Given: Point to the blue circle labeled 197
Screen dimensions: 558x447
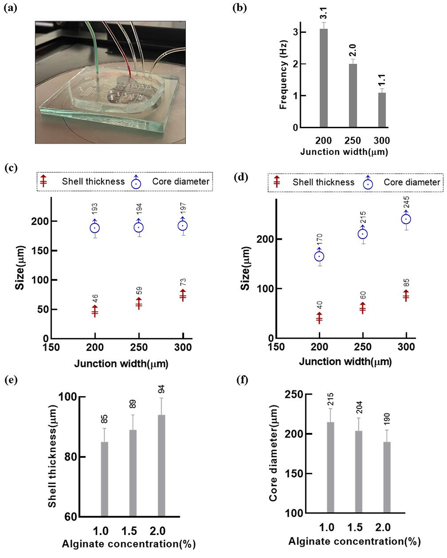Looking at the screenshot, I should click(183, 226).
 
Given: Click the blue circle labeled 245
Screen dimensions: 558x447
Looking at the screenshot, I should click(406, 219).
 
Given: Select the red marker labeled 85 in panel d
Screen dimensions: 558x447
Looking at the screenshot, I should click(406, 296).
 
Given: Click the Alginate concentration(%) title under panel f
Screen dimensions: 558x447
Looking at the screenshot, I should click(354, 542).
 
